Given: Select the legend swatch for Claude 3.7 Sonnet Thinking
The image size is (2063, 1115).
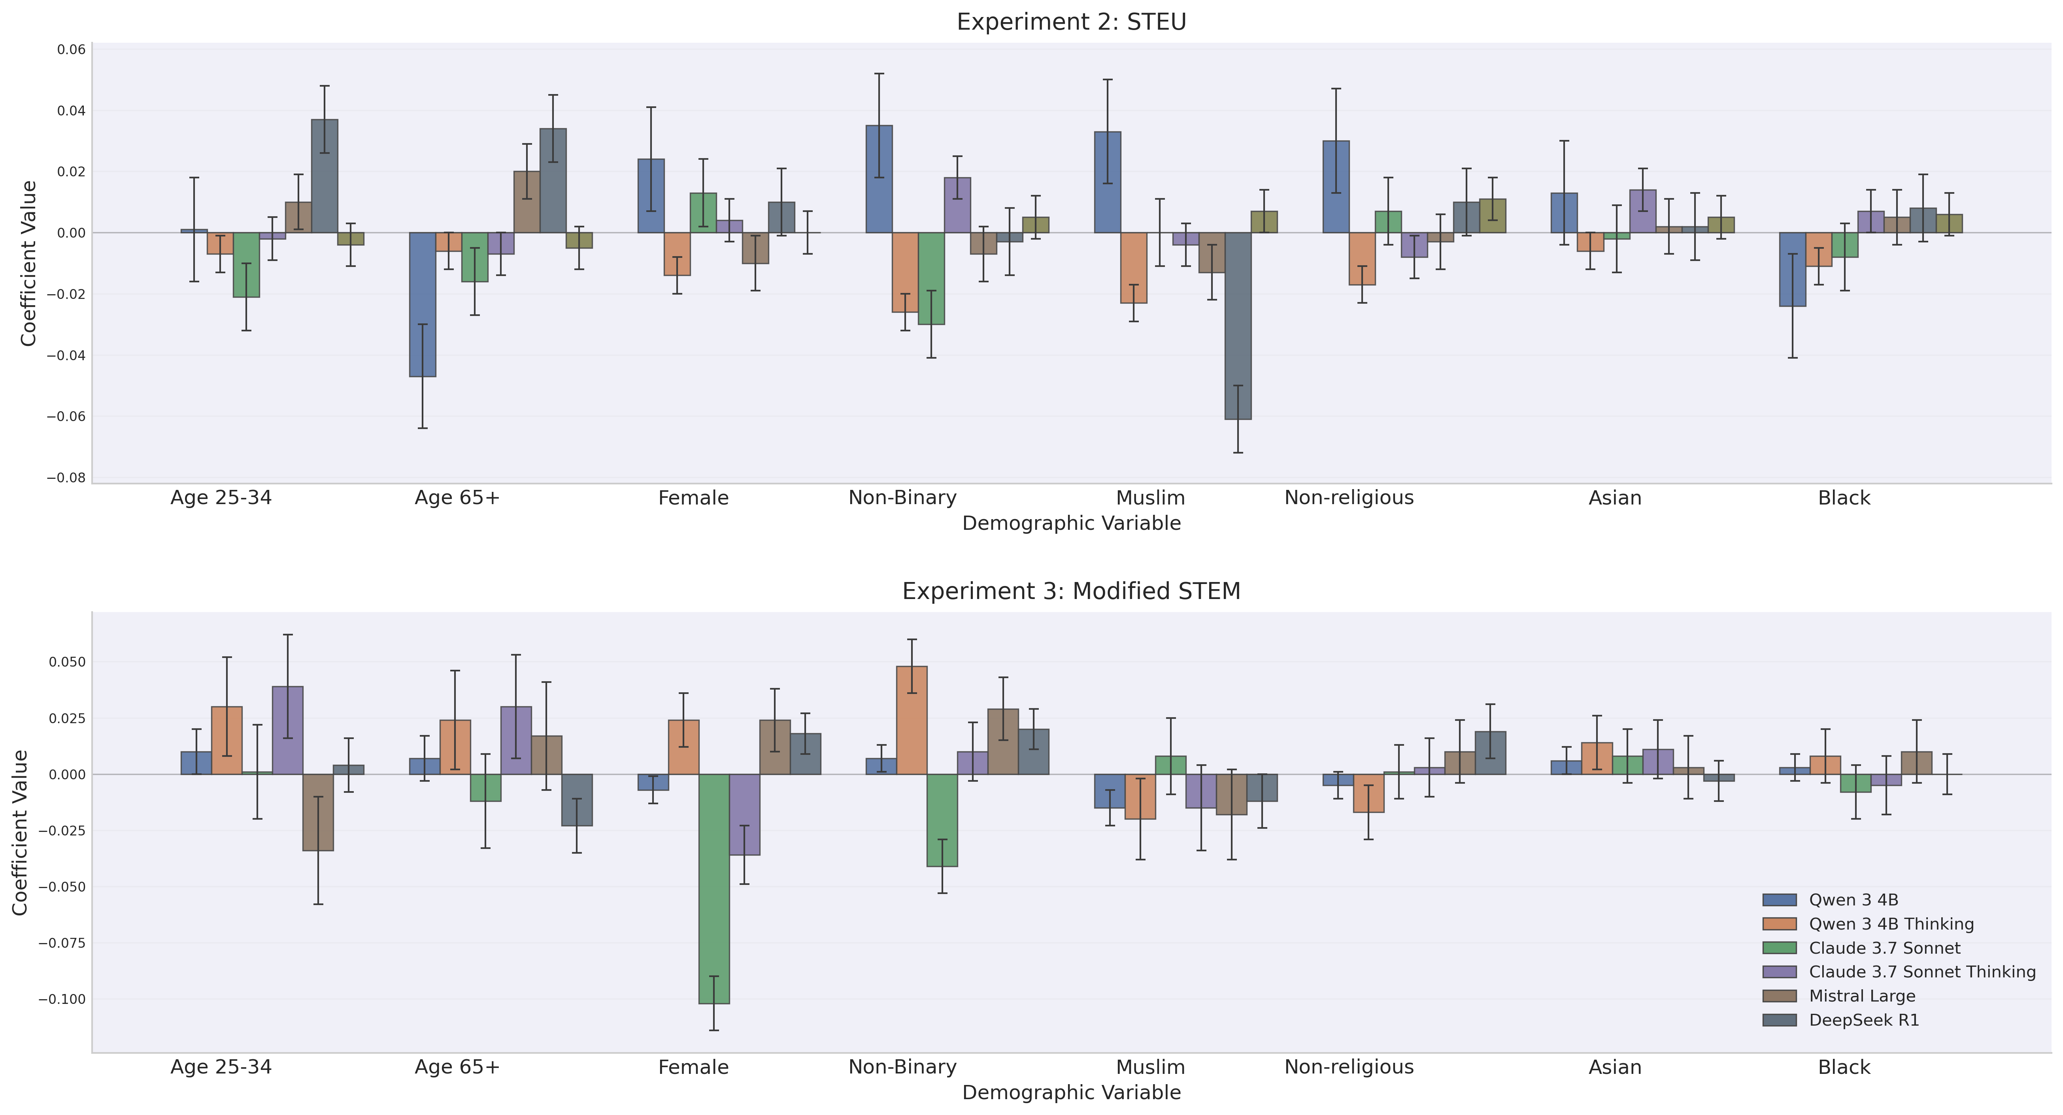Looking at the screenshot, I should [1780, 971].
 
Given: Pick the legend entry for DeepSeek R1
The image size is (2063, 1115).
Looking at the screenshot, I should [1864, 1020].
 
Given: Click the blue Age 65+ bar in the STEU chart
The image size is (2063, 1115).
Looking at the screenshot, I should [423, 304].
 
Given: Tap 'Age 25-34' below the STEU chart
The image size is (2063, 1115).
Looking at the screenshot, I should [221, 498].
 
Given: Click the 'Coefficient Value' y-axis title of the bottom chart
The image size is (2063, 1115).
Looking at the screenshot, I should [21, 832].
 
